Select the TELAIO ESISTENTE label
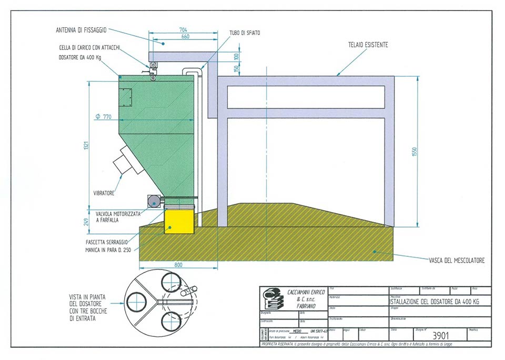pos(368,45)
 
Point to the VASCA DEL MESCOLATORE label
pos(456,260)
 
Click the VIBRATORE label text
pos(104,193)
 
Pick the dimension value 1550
pos(415,151)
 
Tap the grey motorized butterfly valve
pos(154,201)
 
